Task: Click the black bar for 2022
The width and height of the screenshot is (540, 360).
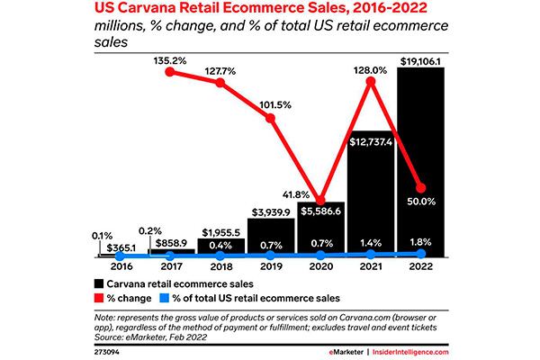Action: [419, 162]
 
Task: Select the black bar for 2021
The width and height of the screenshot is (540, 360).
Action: [368, 198]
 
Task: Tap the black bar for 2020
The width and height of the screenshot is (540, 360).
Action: [317, 229]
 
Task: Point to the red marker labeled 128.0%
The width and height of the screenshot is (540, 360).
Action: [368, 83]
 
